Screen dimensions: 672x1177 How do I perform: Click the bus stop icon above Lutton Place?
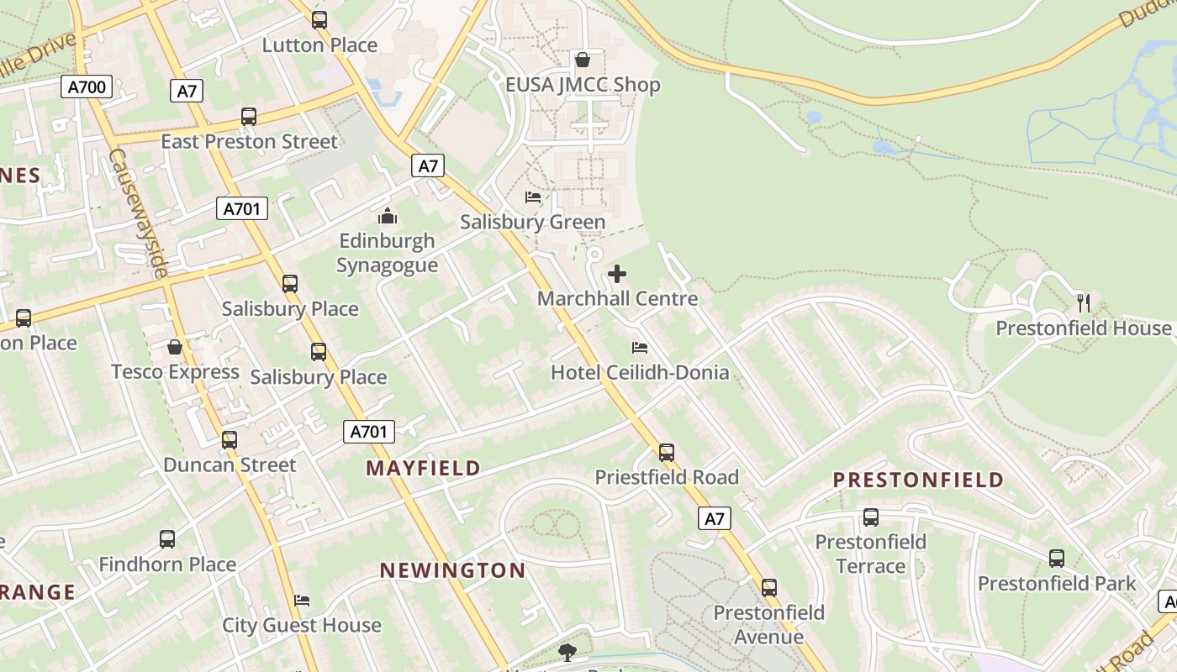coord(319,20)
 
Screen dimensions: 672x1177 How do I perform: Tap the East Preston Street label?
coord(249,141)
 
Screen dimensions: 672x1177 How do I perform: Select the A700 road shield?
coord(87,87)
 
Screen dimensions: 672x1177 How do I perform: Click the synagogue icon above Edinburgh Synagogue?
coord(388,217)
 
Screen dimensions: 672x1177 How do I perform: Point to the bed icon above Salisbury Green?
coord(533,197)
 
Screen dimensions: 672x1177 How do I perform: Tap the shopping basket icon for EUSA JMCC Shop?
coord(582,60)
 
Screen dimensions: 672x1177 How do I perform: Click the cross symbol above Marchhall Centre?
coord(617,274)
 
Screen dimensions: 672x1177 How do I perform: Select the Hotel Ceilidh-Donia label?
coord(640,372)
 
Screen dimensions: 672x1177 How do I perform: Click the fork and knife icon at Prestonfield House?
coord(1084,303)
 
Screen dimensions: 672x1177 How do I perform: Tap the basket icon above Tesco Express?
coord(175,347)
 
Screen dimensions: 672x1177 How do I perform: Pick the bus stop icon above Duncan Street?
coord(230,440)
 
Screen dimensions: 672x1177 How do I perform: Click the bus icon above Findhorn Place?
coord(167,539)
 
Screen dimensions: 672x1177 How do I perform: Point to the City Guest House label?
coord(302,625)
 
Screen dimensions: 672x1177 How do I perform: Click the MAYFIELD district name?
coord(423,468)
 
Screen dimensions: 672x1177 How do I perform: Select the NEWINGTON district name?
coord(452,570)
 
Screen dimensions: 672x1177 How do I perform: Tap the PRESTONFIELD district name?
coord(918,480)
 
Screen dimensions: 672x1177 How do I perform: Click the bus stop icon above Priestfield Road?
coord(667,453)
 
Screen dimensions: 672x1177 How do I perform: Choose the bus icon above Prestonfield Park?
coord(1057,559)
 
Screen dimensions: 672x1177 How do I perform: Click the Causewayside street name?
coord(139,213)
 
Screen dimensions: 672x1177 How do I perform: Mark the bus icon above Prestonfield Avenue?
coord(769,588)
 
